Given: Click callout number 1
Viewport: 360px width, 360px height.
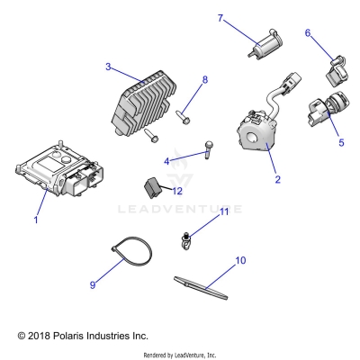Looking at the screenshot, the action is pos(36,220).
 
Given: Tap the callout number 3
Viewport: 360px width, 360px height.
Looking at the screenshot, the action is pos(108,67).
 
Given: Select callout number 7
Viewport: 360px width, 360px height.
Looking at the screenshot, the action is pos(220,18).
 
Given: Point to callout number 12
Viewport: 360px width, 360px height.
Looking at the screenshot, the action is pos(177,191).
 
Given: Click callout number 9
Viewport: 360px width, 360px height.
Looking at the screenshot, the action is pos(93,284).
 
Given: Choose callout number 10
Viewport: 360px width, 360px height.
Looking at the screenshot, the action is pos(240,260).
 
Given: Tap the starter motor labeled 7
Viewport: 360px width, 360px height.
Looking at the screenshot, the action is pos(265,43).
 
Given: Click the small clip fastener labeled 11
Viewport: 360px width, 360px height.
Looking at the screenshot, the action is pos(186,242).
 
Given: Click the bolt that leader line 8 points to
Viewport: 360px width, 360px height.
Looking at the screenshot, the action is pos(183,117).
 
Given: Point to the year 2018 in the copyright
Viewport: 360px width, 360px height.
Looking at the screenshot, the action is pos(39,336).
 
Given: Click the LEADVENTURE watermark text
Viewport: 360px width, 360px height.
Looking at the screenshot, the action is pos(180,209).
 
